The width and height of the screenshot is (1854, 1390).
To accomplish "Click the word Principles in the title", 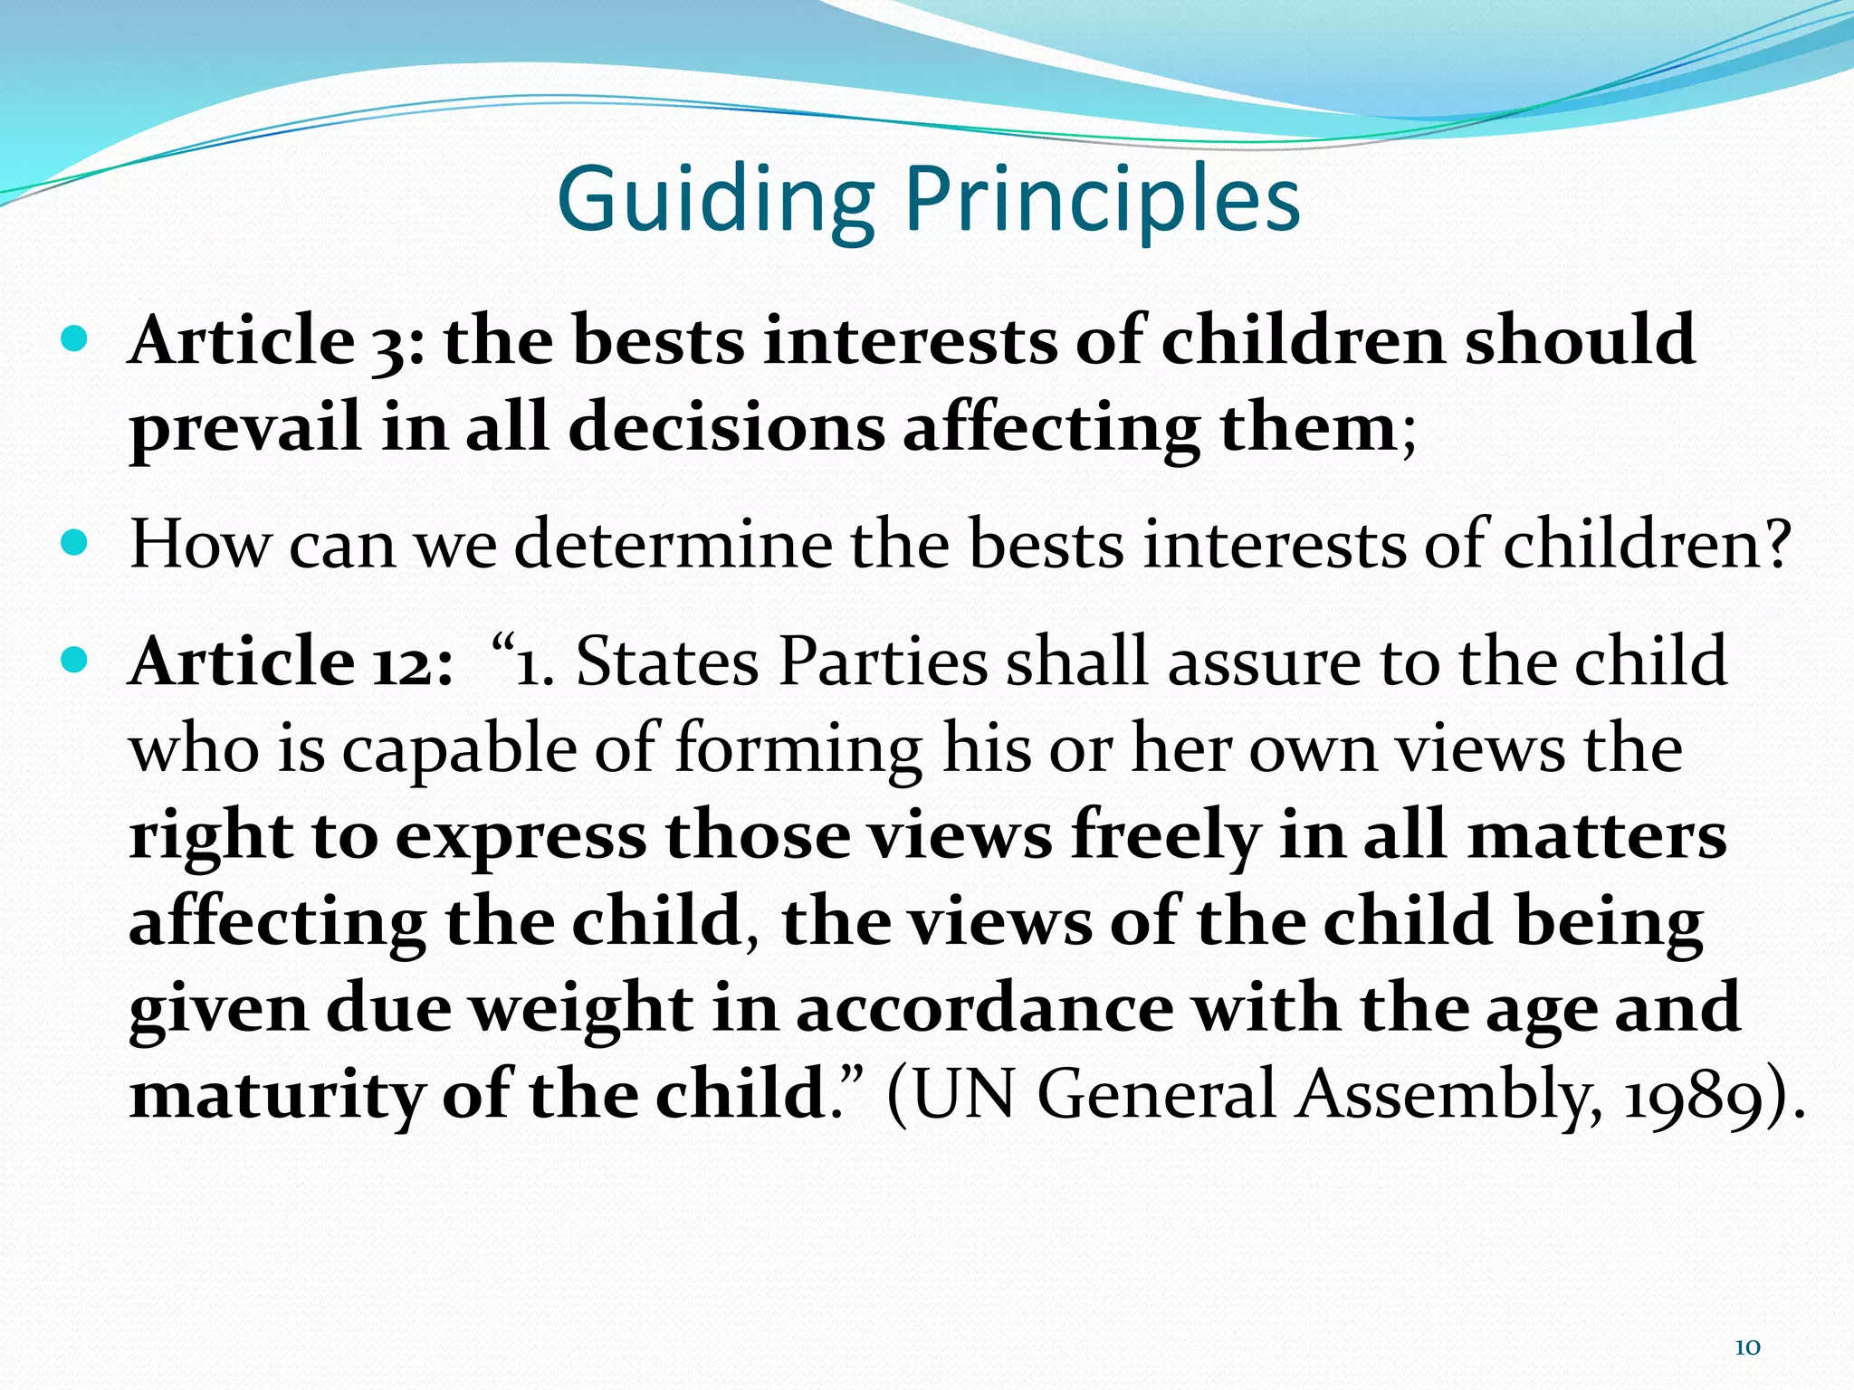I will point(1102,201).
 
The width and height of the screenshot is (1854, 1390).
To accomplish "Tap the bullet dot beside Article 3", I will point(75,340).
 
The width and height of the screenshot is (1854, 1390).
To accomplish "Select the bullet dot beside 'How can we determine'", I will point(75,544).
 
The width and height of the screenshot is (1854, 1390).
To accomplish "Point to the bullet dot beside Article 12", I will point(75,660).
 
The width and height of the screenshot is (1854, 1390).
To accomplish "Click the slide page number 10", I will point(1746,1347).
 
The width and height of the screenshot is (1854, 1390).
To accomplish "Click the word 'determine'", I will point(673,545).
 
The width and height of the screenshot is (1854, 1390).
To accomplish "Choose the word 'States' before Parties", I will point(666,662).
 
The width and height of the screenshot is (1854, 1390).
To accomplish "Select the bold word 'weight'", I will point(582,1008).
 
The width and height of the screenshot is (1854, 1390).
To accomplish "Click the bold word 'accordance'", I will point(984,1008).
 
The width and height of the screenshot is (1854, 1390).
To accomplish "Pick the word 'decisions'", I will point(726,427).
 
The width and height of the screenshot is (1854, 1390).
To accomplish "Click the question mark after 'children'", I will point(1778,545).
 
